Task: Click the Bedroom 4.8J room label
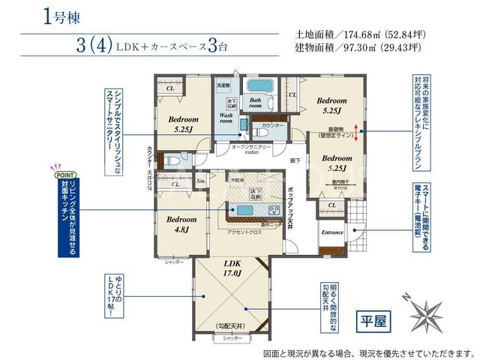click(181, 224)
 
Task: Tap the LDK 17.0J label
click(231, 269)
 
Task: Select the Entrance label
click(332, 232)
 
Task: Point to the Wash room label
click(226, 118)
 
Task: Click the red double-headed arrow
click(357, 130)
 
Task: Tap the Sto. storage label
click(200, 181)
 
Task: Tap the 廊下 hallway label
click(295, 160)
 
